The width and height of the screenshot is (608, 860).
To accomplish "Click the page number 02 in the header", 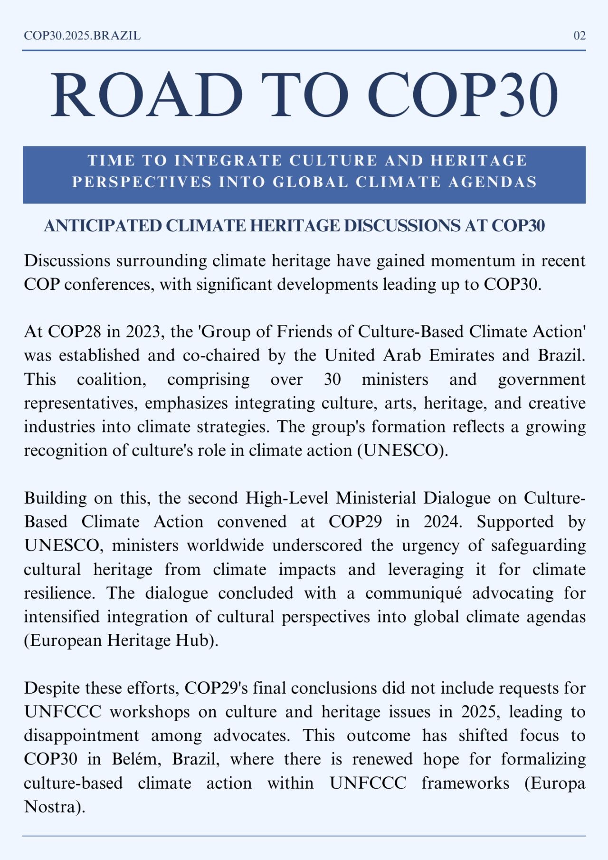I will [x=579, y=36].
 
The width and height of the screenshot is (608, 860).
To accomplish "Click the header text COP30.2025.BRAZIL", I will [x=82, y=36].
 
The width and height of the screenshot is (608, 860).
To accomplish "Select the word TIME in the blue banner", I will [x=111, y=161].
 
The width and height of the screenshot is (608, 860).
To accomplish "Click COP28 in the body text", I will [x=74, y=332].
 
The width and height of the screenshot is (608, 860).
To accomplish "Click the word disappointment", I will [x=81, y=736].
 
